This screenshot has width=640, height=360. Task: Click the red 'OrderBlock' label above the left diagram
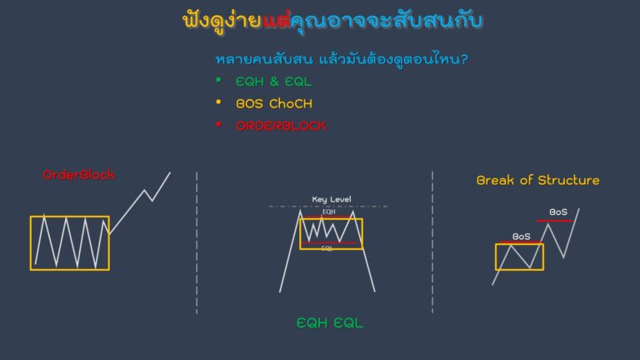click(78, 175)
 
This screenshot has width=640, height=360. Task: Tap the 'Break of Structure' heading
click(537, 180)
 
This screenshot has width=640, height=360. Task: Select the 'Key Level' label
click(331, 199)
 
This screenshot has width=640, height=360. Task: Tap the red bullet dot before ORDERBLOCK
click(218, 125)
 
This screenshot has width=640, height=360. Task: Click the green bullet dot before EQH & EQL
click(218, 80)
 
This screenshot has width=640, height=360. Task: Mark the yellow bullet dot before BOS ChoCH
click(218, 102)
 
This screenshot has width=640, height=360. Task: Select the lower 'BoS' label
click(522, 237)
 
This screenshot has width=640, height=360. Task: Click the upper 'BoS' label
click(558, 212)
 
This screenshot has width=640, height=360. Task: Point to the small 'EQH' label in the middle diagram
click(328, 212)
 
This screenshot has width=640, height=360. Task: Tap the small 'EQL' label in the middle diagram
click(327, 248)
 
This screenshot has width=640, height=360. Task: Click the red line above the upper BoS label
click(554, 220)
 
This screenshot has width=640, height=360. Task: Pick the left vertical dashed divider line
click(197, 242)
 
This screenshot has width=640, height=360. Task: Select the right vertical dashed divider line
click(432, 242)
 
